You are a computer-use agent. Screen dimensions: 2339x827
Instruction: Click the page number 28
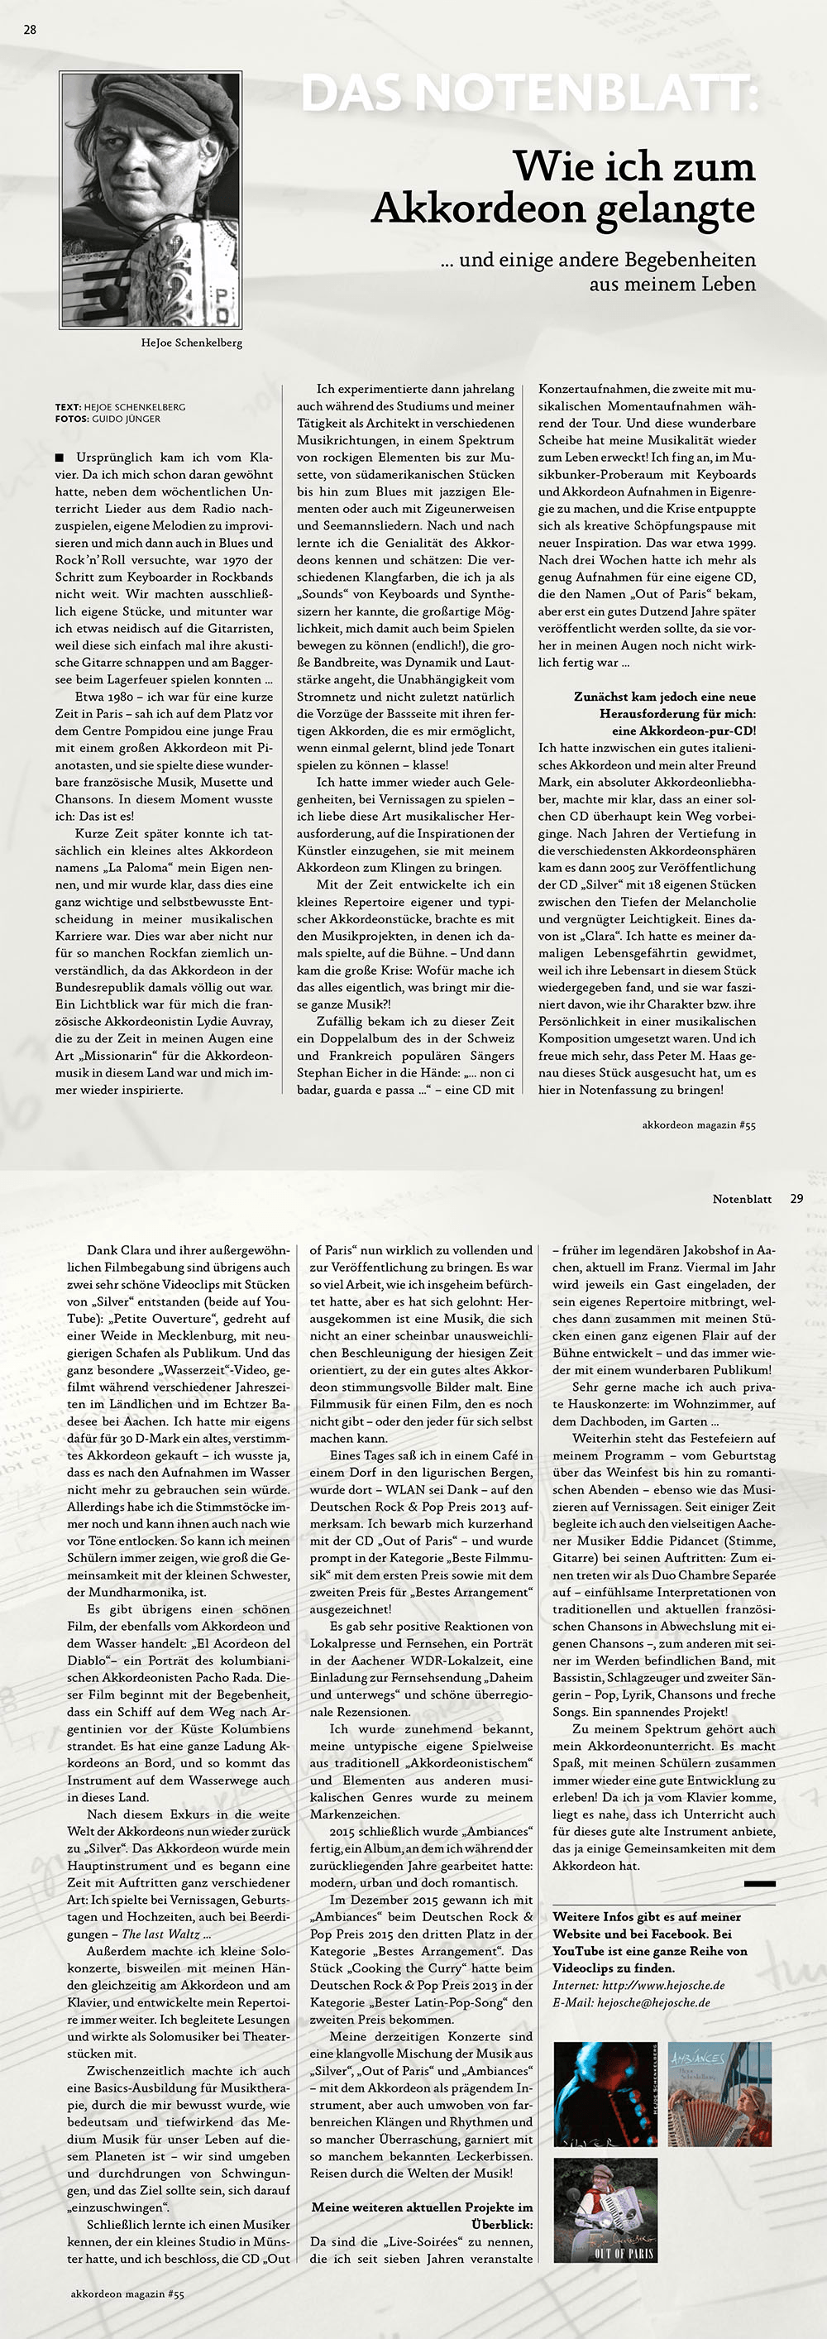coord(30,29)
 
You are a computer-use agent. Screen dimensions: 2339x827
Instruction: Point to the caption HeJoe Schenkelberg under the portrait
coord(192,343)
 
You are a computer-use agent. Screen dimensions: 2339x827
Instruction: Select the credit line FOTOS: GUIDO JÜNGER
coord(108,419)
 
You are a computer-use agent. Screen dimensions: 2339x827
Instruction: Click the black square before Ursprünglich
coord(60,458)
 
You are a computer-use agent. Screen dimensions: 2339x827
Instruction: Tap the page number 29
coord(796,1199)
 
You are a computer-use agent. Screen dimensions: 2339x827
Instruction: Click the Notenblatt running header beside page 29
coord(742,1199)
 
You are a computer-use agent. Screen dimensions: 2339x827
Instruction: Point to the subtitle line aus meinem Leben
coord(672,284)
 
